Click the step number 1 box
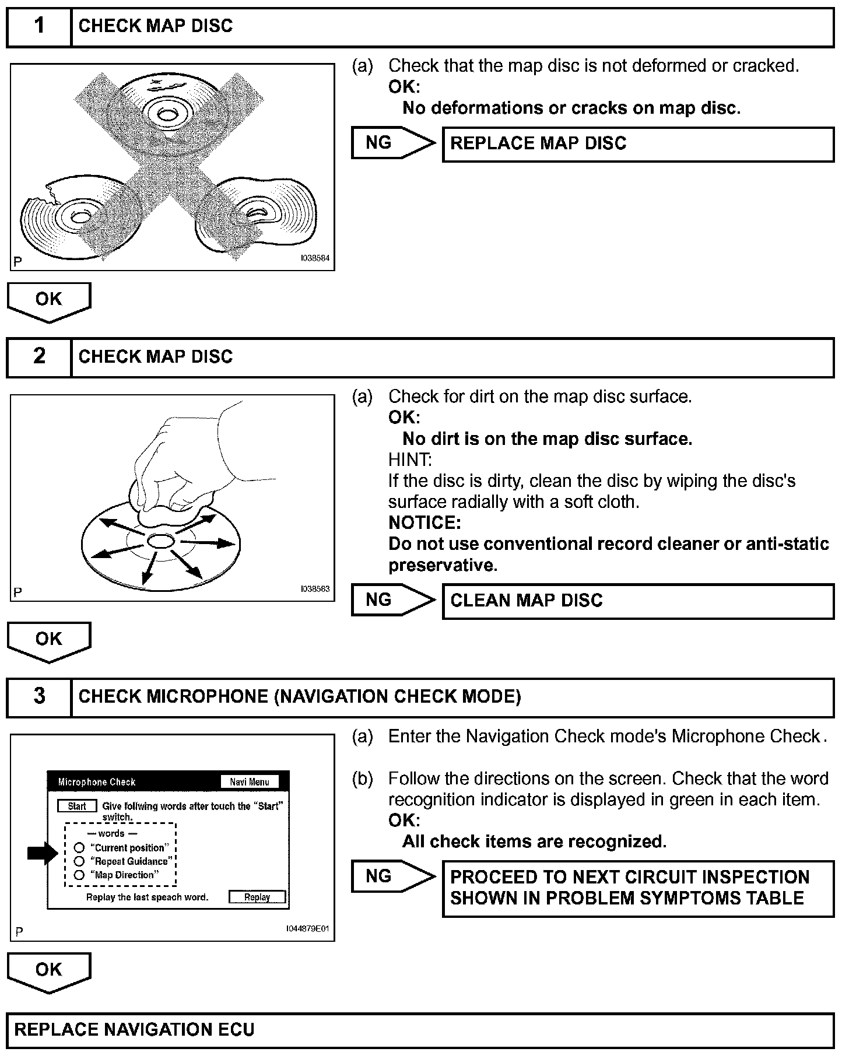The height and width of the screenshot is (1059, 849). click(39, 27)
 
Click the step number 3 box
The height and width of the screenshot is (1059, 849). click(39, 697)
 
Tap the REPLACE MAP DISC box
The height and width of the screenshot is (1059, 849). click(638, 144)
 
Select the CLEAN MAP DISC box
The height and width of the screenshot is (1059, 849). click(638, 601)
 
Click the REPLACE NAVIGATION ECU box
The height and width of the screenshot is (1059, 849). click(420, 1030)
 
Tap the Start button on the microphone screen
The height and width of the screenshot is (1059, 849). click(77, 806)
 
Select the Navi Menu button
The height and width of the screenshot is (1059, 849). click(250, 782)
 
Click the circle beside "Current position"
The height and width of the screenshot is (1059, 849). click(79, 848)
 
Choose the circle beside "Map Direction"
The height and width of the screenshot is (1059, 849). click(79, 875)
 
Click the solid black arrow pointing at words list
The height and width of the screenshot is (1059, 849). click(43, 854)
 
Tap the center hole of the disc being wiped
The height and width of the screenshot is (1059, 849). click(160, 542)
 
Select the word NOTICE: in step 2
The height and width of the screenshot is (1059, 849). click(424, 523)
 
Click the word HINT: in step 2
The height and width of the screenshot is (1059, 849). click(410, 460)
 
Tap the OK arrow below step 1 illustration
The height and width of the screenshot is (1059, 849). click(49, 301)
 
